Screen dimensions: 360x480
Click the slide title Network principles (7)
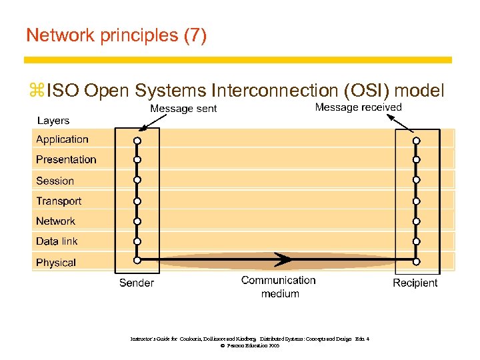[x=116, y=35]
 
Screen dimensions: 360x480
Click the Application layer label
[x=62, y=139]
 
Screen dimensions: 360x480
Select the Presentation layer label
[x=66, y=159]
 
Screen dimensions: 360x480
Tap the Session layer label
[x=55, y=181]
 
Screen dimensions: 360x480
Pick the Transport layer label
[x=59, y=201]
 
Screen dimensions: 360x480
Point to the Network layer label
[x=55, y=221]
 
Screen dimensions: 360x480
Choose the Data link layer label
[x=57, y=241]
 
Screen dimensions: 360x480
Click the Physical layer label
[x=56, y=263]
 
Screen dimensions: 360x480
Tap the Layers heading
[x=53, y=121]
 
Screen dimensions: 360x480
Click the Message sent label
[x=183, y=109]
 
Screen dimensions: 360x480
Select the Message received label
[x=358, y=107]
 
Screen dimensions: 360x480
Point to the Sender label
[x=136, y=283]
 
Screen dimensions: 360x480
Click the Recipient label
[x=415, y=283]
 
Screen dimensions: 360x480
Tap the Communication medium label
[x=279, y=287]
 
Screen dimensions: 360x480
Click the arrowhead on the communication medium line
[x=285, y=259]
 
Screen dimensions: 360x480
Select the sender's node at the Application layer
[x=137, y=141]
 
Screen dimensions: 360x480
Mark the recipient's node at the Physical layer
[x=416, y=260]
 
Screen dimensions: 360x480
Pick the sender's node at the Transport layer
[x=137, y=201]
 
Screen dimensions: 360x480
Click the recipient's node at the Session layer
[x=416, y=180]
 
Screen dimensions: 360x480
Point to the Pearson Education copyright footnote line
[x=249, y=346]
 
